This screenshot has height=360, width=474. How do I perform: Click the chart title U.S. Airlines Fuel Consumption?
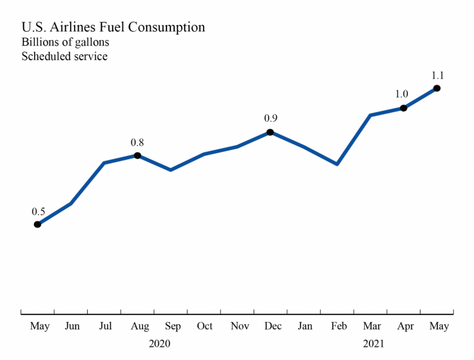(x=113, y=27)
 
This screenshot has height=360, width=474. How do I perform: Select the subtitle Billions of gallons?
(x=65, y=42)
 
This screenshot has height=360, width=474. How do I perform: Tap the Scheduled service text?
(x=64, y=57)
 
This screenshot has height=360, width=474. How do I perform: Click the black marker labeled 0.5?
(x=38, y=224)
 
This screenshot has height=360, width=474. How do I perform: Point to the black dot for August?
(x=138, y=155)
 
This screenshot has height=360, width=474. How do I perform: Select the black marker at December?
(x=270, y=132)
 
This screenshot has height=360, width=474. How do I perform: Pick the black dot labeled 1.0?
(x=403, y=108)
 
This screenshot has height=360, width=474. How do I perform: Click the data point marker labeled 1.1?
(x=437, y=88)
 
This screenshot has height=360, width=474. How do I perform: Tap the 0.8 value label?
(x=138, y=142)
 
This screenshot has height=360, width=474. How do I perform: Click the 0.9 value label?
(x=271, y=118)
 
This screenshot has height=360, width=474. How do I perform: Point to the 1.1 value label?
(x=438, y=75)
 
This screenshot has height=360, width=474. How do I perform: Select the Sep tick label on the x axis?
(x=172, y=326)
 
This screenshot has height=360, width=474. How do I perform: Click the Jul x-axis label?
(x=105, y=326)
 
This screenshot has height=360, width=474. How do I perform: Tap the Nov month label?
(x=239, y=326)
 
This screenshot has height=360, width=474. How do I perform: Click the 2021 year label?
(x=373, y=343)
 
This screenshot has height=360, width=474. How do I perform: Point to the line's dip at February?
(x=337, y=164)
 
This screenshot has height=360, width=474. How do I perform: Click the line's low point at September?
(x=171, y=170)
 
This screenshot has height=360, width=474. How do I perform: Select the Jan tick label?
(x=305, y=326)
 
